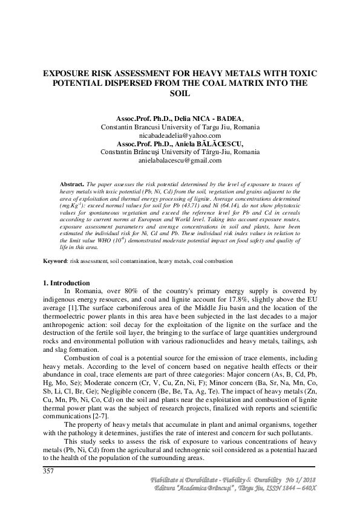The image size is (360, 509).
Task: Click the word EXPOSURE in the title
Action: click(70, 73)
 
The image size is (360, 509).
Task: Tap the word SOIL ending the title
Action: click(180, 94)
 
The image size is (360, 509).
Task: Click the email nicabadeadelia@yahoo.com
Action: click(180, 136)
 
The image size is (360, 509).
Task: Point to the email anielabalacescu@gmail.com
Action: click(180, 160)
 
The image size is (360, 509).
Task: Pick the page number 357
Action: click(49, 472)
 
